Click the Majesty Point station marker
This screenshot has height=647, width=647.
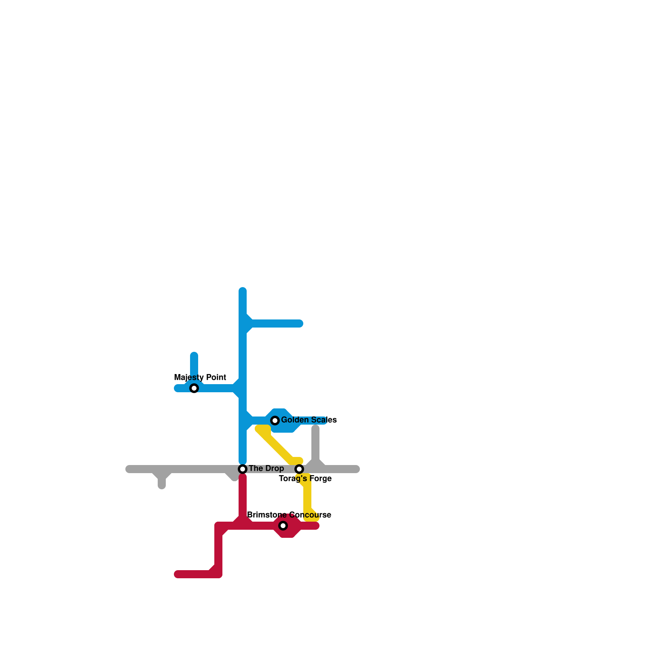(x=194, y=388)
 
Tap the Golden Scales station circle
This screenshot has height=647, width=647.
(x=275, y=421)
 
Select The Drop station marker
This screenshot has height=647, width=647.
(x=243, y=469)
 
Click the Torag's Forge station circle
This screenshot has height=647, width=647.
(x=299, y=469)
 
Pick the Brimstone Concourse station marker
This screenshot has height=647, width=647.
(x=283, y=526)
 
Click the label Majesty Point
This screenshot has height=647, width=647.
(x=200, y=377)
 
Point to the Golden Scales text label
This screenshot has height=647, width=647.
(x=309, y=420)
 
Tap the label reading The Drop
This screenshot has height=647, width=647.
(x=266, y=468)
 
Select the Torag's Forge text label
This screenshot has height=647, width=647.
(x=305, y=479)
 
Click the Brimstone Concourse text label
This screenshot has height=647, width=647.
(x=289, y=515)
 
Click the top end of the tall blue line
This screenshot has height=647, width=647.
(x=243, y=290)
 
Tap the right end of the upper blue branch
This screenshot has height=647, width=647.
(x=300, y=323)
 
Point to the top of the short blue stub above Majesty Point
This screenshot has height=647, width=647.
(x=194, y=355)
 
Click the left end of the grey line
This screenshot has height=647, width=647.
(x=129, y=469)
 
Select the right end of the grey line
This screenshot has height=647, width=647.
(x=357, y=469)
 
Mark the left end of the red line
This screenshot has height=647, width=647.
(x=177, y=574)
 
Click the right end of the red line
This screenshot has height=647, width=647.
(x=316, y=526)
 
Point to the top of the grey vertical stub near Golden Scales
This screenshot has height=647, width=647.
(x=315, y=428)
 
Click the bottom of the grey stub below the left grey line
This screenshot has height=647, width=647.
(x=162, y=486)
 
